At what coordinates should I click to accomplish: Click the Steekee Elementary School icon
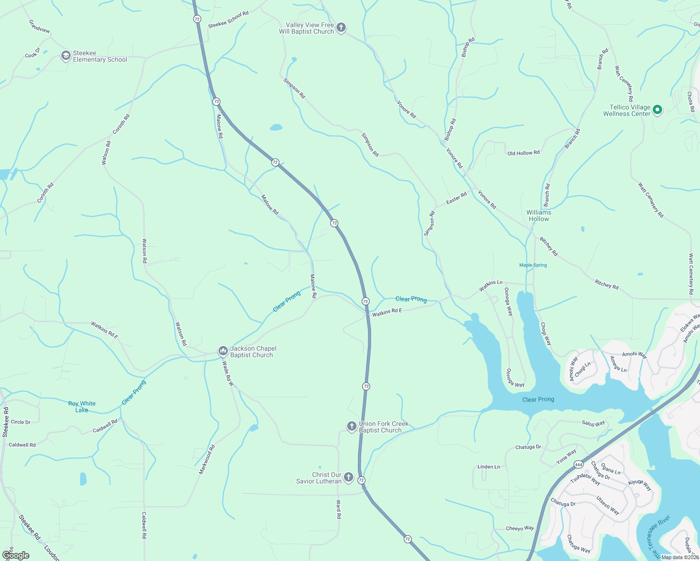[66, 56]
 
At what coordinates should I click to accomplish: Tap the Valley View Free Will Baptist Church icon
[341, 28]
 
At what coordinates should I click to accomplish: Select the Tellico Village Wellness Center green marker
[657, 110]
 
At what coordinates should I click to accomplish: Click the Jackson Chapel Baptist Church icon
[223, 351]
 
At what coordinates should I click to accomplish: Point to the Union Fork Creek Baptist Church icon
[351, 426]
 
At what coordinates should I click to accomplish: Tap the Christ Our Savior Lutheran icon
[349, 477]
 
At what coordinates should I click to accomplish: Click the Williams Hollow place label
[539, 216]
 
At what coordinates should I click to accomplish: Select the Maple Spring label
[532, 265]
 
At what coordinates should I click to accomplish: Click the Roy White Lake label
[82, 407]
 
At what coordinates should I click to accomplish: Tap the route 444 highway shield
[578, 464]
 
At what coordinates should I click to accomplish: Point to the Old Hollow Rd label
[523, 153]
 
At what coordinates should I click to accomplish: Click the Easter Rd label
[456, 198]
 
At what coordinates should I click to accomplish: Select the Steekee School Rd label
[228, 19]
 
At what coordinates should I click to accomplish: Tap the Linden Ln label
[489, 467]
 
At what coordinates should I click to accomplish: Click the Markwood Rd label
[207, 460]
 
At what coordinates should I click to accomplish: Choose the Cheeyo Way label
[519, 528]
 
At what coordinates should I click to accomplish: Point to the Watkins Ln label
[490, 286]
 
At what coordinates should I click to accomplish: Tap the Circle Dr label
[20, 422]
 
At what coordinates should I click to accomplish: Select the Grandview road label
[39, 26]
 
